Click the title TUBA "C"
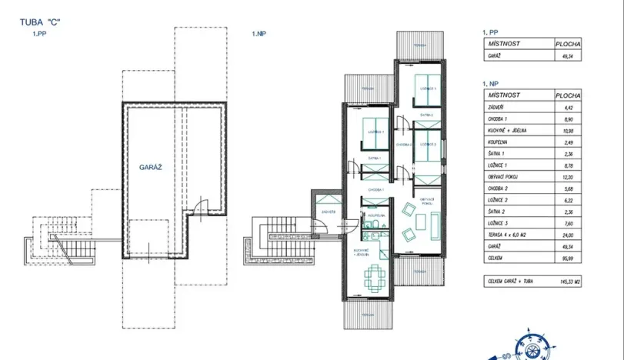pyautogui.click(x=40, y=22)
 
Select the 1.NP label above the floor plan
pyautogui.click(x=259, y=35)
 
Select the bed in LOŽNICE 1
pyautogui.click(x=374, y=127)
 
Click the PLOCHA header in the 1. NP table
pyautogui.click(x=568, y=95)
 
